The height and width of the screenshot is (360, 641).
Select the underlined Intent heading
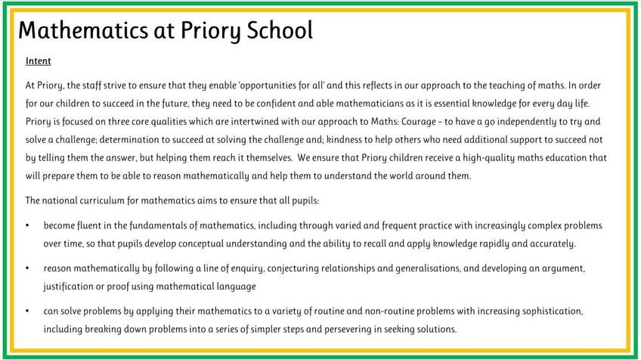(38, 61)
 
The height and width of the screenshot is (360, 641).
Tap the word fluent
(89, 225)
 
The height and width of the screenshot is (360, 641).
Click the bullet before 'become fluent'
(28, 226)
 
